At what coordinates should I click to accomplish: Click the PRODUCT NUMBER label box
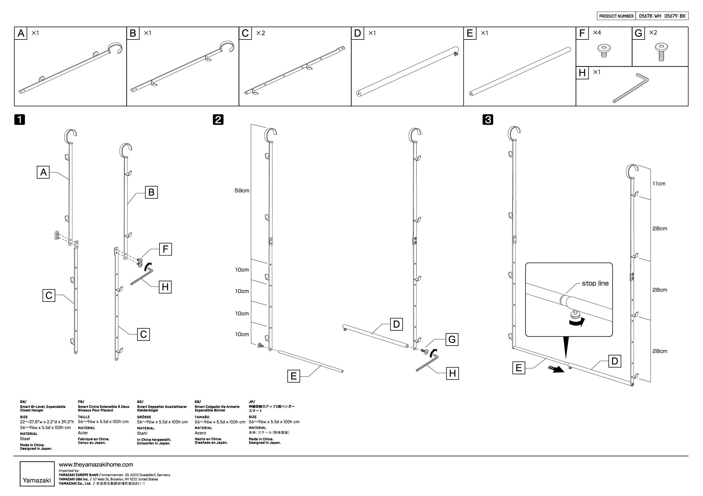click(x=616, y=16)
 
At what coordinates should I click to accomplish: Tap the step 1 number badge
click(x=19, y=119)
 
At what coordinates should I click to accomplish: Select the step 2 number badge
click(x=218, y=119)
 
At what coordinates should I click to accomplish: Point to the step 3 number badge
click(x=488, y=119)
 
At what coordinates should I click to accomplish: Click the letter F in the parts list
click(x=582, y=33)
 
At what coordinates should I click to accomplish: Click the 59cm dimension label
click(x=242, y=191)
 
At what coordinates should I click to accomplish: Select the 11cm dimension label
click(x=659, y=183)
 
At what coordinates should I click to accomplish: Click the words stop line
click(x=595, y=283)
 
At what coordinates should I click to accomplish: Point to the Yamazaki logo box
click(x=37, y=473)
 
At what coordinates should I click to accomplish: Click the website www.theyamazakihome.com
click(x=96, y=465)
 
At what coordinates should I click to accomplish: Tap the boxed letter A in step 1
click(x=43, y=172)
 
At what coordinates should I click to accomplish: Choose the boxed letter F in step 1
click(x=165, y=249)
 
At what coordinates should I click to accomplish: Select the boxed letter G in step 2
click(x=452, y=339)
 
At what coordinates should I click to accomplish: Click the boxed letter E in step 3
click(x=518, y=367)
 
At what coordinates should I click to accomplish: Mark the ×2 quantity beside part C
click(x=260, y=33)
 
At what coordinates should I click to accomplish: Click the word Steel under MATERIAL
click(x=25, y=439)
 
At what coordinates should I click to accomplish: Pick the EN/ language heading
click(x=23, y=402)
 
